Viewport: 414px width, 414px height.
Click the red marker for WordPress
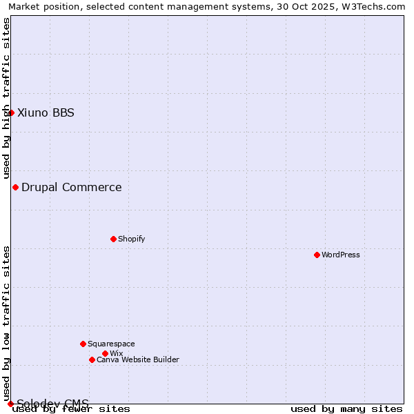point(317,255)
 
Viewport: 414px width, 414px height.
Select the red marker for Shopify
point(113,239)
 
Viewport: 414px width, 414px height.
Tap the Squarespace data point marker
point(83,344)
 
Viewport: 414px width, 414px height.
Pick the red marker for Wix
point(105,353)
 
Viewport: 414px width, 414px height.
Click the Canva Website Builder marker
point(92,359)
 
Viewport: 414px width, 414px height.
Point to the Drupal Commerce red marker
point(15,187)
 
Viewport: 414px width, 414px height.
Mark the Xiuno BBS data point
point(11,112)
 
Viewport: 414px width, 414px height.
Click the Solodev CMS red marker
point(10,404)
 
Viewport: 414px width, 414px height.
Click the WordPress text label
point(341,255)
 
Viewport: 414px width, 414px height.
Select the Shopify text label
point(131,239)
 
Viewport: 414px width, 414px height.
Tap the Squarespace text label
point(111,344)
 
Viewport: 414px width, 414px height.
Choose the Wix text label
point(116,353)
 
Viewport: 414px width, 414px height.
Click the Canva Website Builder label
point(138,359)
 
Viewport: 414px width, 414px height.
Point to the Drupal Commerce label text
point(72,187)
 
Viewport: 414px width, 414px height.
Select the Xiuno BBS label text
point(46,112)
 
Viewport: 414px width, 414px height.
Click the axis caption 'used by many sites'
point(346,408)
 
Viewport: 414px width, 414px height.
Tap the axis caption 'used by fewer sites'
point(71,408)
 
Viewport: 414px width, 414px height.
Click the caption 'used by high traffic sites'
point(6,98)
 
